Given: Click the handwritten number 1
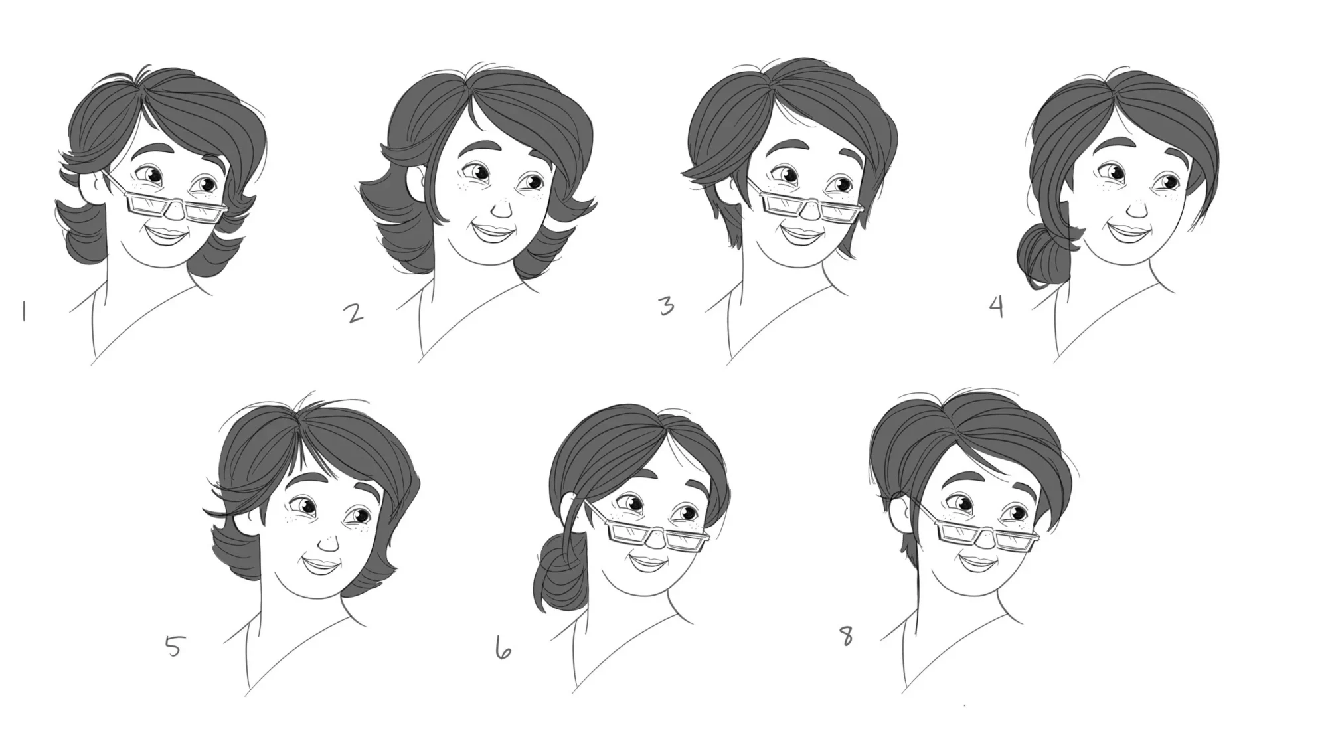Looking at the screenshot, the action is coord(24,312).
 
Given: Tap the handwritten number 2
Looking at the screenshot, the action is coord(355,313).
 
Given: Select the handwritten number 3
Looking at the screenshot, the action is coord(666,306).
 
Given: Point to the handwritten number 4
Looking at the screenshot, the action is coord(997,307).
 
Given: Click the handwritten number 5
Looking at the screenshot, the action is coord(173,646).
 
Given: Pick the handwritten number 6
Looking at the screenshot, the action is coord(503,647).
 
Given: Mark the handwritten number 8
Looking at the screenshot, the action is coord(846,638).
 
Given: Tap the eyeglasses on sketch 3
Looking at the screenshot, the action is coord(803,202).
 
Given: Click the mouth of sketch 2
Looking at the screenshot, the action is coord(493,233).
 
